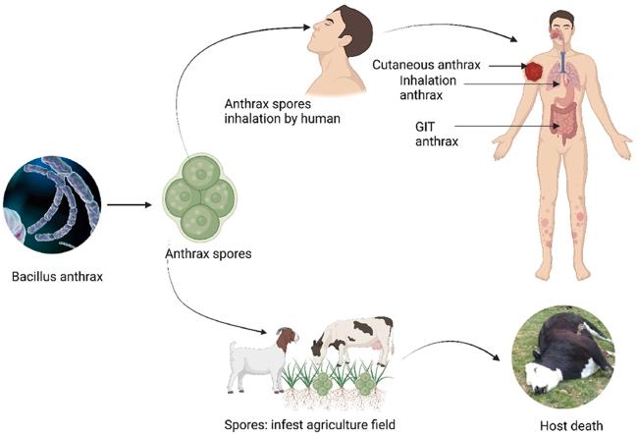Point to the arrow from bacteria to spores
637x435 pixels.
tap(128, 205)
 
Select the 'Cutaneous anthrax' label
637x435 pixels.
tap(425, 65)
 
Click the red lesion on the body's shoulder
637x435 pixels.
tap(534, 72)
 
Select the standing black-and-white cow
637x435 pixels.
tap(353, 338)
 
